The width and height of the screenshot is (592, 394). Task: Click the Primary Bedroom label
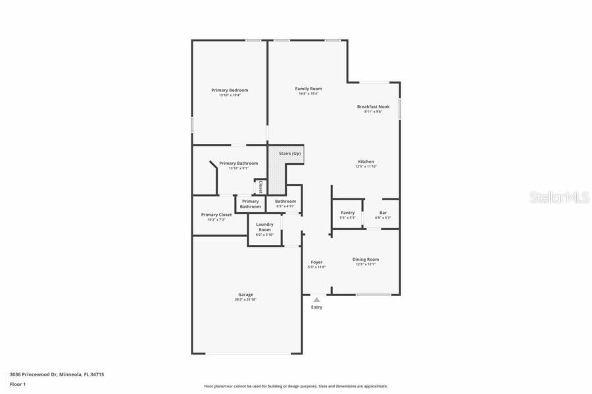click(230, 90)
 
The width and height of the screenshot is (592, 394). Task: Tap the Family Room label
click(308, 89)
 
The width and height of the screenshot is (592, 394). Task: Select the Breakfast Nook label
click(373, 106)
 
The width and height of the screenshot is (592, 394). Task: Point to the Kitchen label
click(366, 162)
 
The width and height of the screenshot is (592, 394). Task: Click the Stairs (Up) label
click(289, 153)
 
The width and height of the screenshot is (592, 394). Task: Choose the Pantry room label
click(347, 213)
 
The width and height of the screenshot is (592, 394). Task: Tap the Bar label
click(383, 213)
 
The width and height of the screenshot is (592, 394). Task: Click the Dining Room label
click(366, 259)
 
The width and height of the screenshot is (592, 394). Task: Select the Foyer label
click(316, 262)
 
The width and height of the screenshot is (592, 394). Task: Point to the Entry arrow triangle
click(316, 299)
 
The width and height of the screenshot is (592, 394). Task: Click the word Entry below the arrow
click(316, 307)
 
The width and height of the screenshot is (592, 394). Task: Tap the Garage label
click(245, 294)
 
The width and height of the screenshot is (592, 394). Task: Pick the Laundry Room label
click(264, 227)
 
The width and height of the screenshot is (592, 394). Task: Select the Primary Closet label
click(216, 215)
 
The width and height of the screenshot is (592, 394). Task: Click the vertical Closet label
click(260, 186)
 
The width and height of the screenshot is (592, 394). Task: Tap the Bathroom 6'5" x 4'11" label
click(285, 202)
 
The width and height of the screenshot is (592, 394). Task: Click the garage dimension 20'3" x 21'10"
click(245, 299)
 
